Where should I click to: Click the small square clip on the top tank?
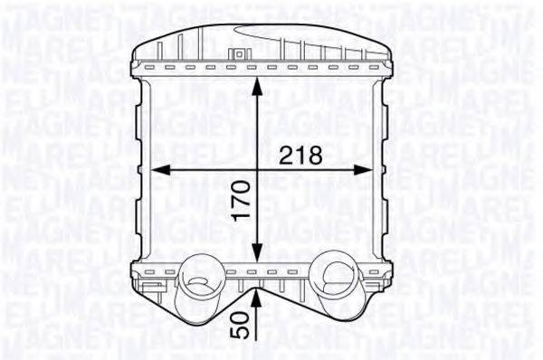(239, 53)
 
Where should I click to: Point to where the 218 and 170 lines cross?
(259, 169)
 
